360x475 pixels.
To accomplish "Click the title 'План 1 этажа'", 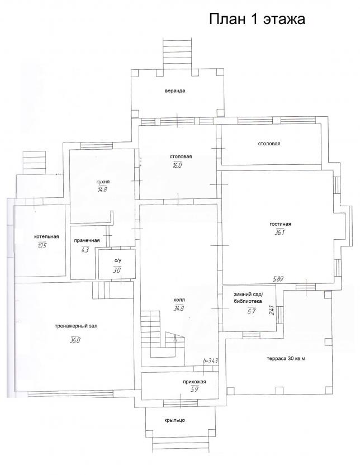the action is (257, 19).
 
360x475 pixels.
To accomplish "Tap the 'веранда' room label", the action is (175, 91).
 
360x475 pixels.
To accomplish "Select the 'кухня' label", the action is (103, 182).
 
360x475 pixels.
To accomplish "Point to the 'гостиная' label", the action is (280, 224).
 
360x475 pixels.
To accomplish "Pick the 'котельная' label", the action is (46, 236).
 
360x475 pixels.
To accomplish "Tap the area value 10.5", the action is (42, 245).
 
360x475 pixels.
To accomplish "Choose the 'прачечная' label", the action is (87, 240).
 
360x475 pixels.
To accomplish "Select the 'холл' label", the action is (179, 300).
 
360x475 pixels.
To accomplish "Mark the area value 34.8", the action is (179, 308).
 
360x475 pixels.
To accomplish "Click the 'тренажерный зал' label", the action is (76, 326).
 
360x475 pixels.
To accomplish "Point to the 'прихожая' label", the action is (194, 382).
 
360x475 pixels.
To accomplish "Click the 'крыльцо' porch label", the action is (175, 420).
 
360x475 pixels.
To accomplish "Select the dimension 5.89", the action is (278, 279).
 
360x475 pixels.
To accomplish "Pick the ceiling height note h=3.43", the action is (211, 361).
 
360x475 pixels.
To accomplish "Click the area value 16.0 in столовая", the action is (176, 165).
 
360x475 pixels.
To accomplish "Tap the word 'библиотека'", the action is (248, 301).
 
